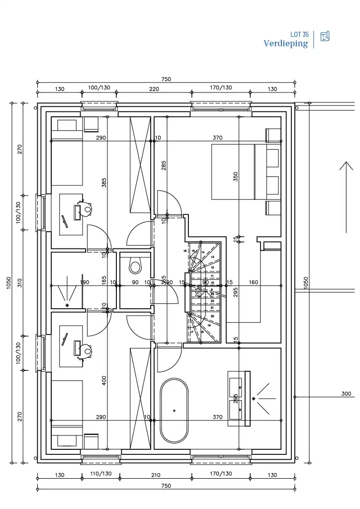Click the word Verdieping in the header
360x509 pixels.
pos(285,44)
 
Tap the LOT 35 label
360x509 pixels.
pos(299,35)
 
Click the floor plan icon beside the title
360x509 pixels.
pos(325,36)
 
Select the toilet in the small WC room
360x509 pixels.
pos(135,265)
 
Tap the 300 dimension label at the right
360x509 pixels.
pos(346,394)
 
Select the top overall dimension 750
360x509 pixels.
pos(166,79)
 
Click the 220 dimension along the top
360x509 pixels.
pos(154,89)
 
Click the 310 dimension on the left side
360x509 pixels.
pos(20,282)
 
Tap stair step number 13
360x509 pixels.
pos(212,257)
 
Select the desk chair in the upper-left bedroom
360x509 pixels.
pos(88,209)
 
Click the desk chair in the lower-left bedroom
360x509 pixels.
pos(88,351)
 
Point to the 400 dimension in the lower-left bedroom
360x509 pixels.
pos(104,380)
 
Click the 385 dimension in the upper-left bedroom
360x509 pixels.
pos(104,183)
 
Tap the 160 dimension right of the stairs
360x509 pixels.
pos(254,282)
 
